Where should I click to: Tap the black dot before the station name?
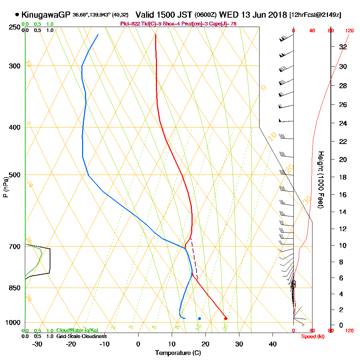[17, 15]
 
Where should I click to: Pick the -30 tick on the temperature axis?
[37, 344]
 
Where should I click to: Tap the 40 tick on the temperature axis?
[273, 344]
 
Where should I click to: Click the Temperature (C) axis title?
[178, 353]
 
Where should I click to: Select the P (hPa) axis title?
[5, 187]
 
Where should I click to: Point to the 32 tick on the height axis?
[343, 47]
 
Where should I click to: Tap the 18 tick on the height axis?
[343, 177]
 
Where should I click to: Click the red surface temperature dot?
[226, 318]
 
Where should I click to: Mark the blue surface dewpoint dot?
[199, 318]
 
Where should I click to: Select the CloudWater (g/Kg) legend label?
[77, 330]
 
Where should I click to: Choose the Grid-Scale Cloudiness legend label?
[81, 336]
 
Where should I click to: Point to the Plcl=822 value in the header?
[129, 24]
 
